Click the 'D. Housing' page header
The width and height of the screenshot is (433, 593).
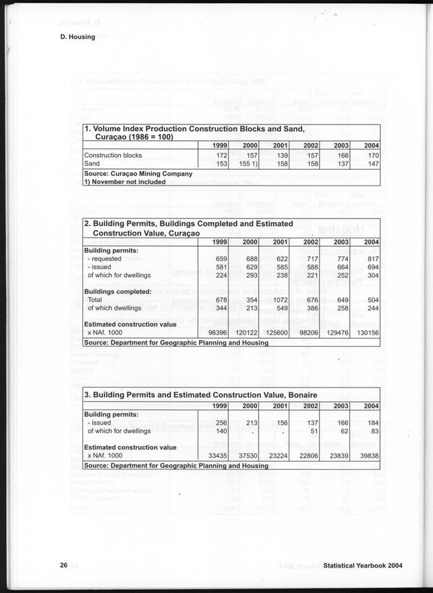[77, 37]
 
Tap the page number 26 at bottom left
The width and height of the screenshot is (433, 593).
[63, 566]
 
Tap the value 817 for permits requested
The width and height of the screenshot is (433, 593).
[373, 258]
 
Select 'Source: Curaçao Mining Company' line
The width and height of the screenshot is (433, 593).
[137, 174]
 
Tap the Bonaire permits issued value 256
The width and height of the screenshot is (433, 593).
[221, 423]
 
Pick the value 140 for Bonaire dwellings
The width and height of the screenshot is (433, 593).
[221, 431]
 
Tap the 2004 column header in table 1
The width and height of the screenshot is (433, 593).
[371, 146]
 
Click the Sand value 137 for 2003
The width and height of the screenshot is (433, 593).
[342, 164]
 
